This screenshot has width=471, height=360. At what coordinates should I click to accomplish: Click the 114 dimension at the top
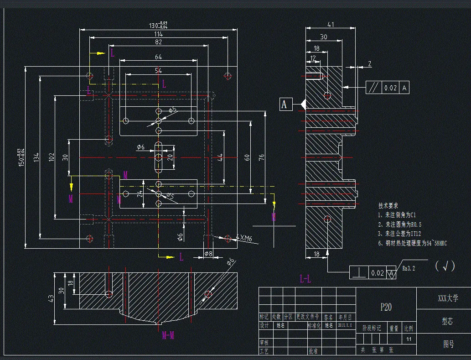pos(158,34)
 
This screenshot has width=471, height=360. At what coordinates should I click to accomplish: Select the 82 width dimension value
pos(158,42)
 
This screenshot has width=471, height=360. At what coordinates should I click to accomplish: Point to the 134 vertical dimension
pos(36,157)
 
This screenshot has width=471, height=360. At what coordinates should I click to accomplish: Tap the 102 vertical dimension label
pos(51,157)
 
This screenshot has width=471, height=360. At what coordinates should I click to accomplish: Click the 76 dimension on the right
pos(262,157)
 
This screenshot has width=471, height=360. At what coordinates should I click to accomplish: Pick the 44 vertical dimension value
pos(220,157)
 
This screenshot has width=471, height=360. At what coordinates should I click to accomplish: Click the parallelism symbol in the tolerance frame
pos(373,88)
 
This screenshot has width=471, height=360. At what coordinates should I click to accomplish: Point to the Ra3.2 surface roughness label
pos(409,268)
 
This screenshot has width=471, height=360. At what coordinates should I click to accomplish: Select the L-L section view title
pos(305,278)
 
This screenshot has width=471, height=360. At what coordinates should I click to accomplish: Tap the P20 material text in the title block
pos(386,307)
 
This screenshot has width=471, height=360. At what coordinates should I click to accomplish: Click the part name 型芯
pos(447,321)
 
